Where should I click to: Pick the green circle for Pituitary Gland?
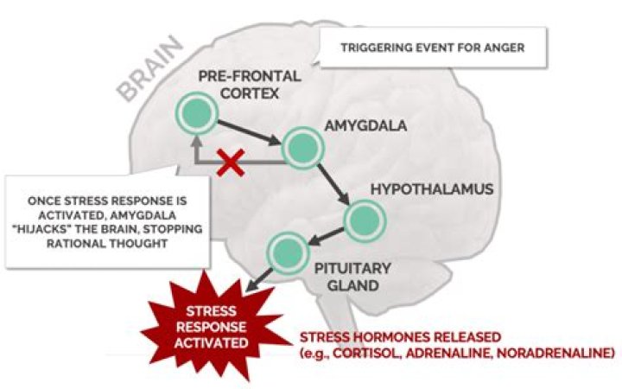[286, 252]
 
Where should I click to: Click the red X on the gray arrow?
[231, 163]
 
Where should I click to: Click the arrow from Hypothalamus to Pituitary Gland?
[325, 234]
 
